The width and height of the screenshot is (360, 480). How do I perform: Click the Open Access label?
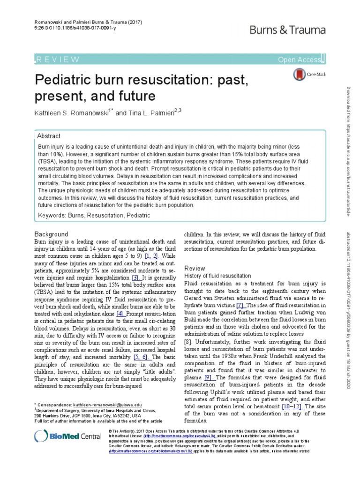click(x=299, y=59)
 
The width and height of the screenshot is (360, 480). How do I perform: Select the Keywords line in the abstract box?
click(x=94, y=215)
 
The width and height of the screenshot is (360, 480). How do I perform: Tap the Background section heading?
click(x=52, y=234)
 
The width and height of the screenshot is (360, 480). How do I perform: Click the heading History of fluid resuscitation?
click(x=217, y=276)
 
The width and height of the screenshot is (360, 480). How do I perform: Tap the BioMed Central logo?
click(x=67, y=436)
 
